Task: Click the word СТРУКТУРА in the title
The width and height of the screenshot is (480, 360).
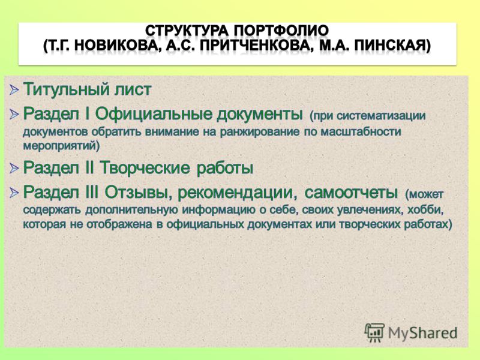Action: pos(187,31)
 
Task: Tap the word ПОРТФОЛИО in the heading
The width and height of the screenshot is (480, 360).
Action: pos(281,31)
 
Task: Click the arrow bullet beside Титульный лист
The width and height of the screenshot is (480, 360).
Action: pos(14,89)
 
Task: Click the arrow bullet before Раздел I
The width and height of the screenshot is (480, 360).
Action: pos(14,114)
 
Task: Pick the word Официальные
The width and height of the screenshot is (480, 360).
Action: pos(153,114)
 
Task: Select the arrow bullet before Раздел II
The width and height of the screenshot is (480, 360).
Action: pos(14,168)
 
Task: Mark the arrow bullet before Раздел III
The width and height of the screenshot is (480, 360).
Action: pos(14,193)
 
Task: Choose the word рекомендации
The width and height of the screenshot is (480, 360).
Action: pos(237,193)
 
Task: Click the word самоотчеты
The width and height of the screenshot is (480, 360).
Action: pos(351,193)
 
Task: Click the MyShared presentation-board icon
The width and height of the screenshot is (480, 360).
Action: pos(374,332)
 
